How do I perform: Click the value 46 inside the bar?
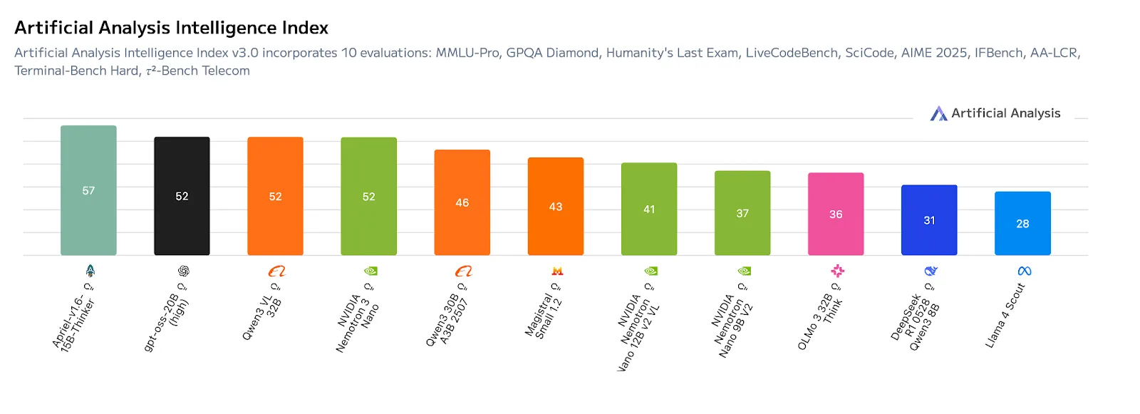(462, 203)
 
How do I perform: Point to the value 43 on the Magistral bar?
(555, 207)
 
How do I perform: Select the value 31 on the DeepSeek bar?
(929, 220)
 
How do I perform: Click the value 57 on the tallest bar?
(88, 191)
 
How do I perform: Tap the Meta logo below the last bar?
(1025, 271)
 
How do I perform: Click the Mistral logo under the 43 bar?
(557, 271)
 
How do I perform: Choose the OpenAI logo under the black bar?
(184, 271)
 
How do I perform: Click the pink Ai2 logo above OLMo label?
(837, 271)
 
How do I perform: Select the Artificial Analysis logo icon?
(938, 113)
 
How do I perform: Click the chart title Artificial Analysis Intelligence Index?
(171, 28)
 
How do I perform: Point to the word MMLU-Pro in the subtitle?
(467, 53)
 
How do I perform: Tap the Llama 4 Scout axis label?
(1005, 316)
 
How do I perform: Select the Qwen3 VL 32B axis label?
(261, 317)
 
